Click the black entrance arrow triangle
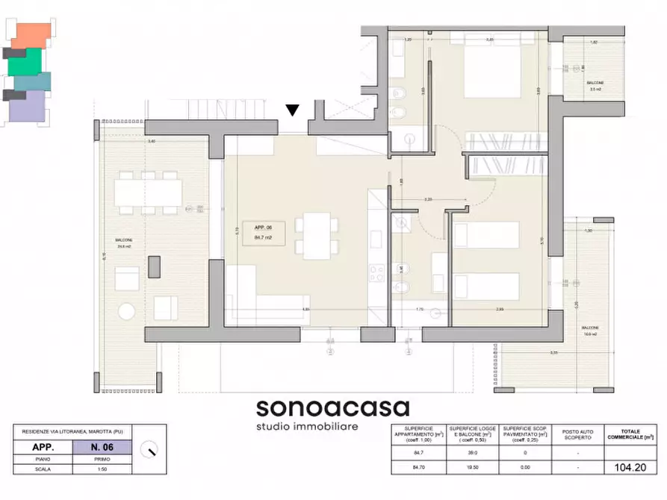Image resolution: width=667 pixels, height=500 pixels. [x=293, y=110]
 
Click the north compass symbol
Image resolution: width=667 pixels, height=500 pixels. [x=152, y=449]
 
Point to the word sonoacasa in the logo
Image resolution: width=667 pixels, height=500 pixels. [x=332, y=407]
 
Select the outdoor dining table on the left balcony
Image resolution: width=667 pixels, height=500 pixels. [x=148, y=193]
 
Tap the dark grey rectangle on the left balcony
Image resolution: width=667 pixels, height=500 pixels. [x=154, y=266]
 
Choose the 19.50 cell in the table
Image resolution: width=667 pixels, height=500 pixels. [x=472, y=468]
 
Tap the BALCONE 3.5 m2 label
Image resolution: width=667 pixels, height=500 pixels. [x=595, y=86]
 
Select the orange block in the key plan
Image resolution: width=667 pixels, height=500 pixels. [x=32, y=34]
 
